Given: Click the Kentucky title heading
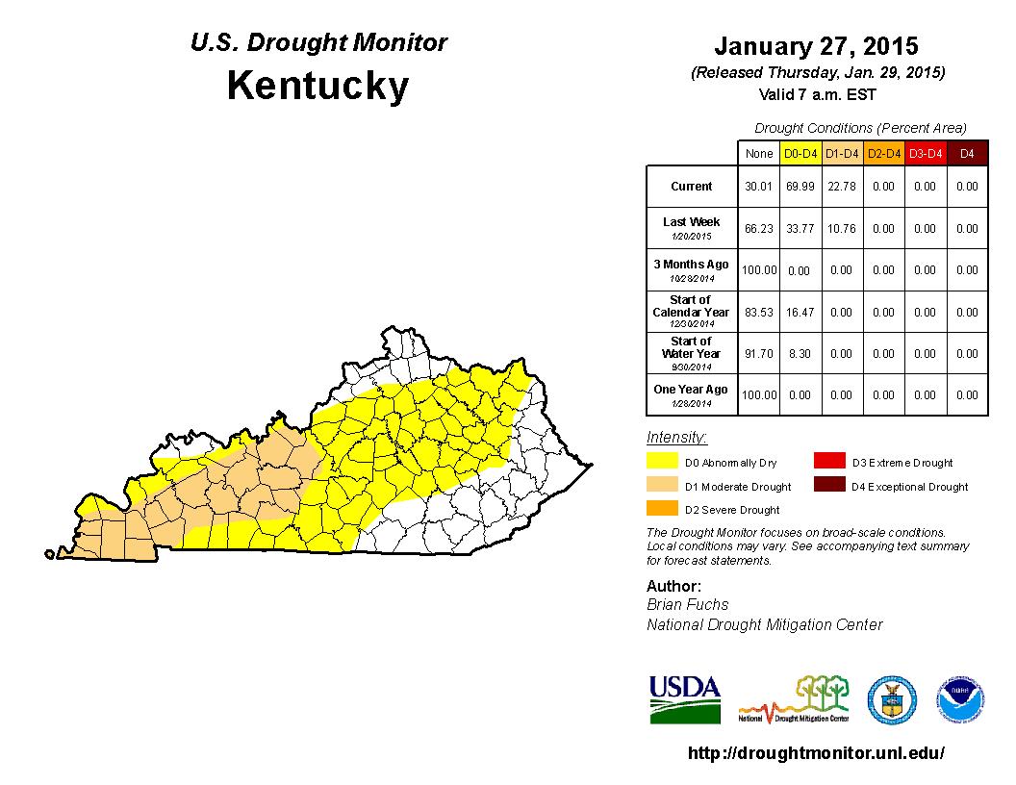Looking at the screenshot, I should coord(317,87).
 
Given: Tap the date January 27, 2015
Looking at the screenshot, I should coord(816,46).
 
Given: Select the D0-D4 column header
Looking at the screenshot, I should coord(800,153).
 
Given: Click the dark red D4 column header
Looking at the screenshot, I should coord(967,153).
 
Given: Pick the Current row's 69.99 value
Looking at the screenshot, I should coord(800,187).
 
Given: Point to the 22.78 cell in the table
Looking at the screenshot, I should coord(841,187).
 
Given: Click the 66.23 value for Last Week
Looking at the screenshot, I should coord(758,229).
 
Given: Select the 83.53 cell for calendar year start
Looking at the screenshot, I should coord(758,313).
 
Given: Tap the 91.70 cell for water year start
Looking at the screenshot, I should coord(758,354).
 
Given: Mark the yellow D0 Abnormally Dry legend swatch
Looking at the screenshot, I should coord(660,463).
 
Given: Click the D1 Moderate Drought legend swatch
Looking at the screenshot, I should coord(660,486).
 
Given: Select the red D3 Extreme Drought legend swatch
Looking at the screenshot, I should coord(827,463).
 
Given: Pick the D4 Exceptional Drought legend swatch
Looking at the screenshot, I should coord(827,486).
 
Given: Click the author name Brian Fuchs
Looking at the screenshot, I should coord(687,605).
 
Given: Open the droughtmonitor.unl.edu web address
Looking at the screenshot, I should coord(816,753).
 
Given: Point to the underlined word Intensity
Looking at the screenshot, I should coord(676,438).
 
